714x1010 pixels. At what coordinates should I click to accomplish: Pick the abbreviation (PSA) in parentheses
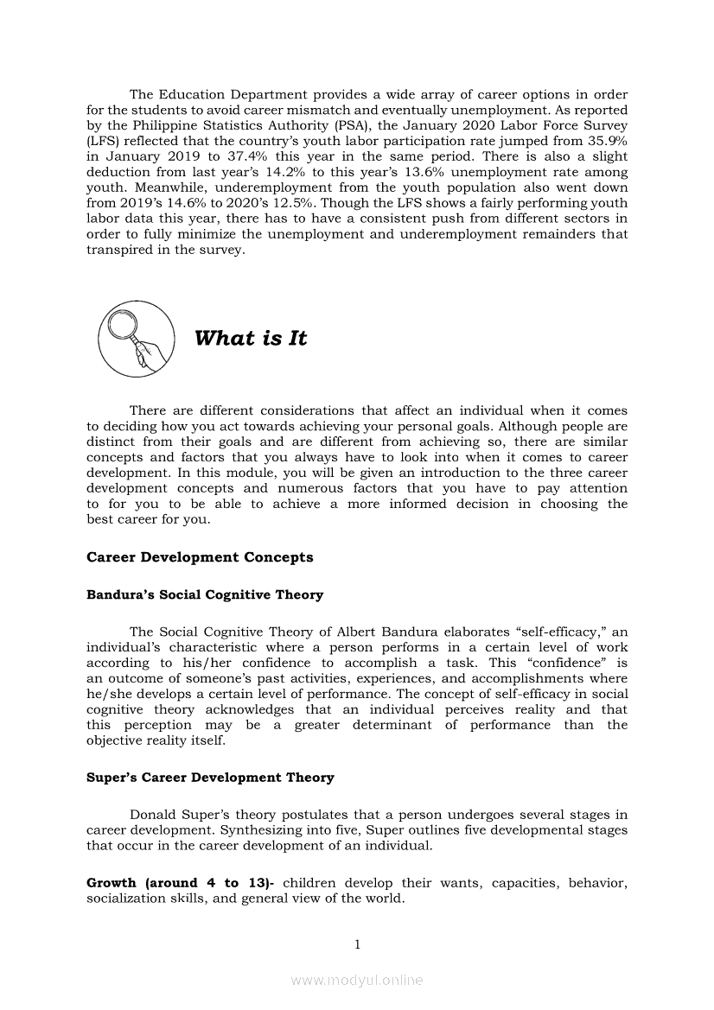[x=322, y=125]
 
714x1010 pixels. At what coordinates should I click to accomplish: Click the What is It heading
[x=251, y=339]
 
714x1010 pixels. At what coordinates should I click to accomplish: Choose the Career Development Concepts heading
[x=200, y=557]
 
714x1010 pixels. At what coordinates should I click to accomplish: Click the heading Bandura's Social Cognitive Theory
[x=205, y=595]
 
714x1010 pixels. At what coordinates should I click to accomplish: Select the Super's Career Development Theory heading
[x=210, y=778]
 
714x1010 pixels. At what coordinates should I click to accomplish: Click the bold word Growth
[x=112, y=883]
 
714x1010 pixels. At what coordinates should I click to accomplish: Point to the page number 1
[x=357, y=944]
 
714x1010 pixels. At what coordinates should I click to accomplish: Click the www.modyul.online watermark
[x=357, y=981]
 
